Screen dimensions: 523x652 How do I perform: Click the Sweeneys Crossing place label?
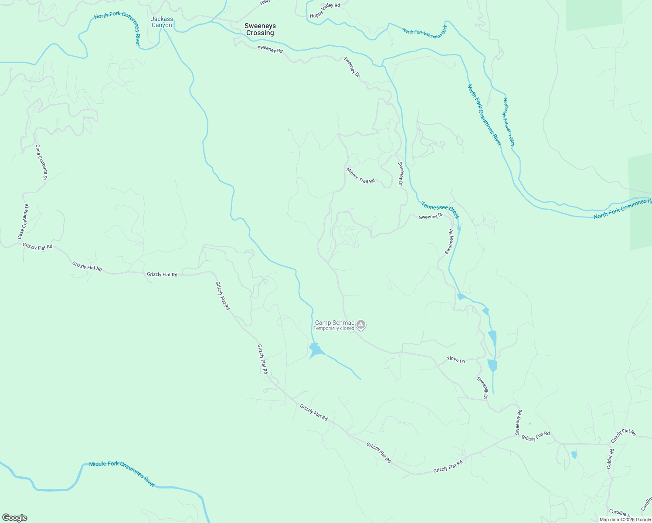tap(260, 29)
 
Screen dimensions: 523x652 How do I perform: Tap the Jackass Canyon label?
tap(162, 22)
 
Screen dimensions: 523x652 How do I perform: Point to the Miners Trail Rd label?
tap(360, 175)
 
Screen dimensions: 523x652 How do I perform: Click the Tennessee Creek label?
tap(440, 210)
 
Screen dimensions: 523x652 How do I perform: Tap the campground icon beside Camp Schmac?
tap(361, 324)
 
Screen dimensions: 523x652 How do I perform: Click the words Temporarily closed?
tap(334, 329)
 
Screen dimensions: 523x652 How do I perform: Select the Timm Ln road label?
tap(456, 360)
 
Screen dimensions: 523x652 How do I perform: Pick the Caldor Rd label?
tap(610, 459)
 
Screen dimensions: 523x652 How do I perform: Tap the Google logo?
tap(15, 518)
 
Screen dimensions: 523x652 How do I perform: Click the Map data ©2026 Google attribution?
tap(625, 520)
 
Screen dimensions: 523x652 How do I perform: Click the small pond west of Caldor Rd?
tap(574, 455)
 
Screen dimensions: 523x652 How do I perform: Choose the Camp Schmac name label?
tap(335, 323)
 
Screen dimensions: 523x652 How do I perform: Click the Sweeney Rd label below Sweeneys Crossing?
tap(270, 50)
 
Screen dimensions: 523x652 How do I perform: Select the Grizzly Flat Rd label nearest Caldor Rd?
tap(623, 435)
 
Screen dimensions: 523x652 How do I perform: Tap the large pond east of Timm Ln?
tap(492, 365)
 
